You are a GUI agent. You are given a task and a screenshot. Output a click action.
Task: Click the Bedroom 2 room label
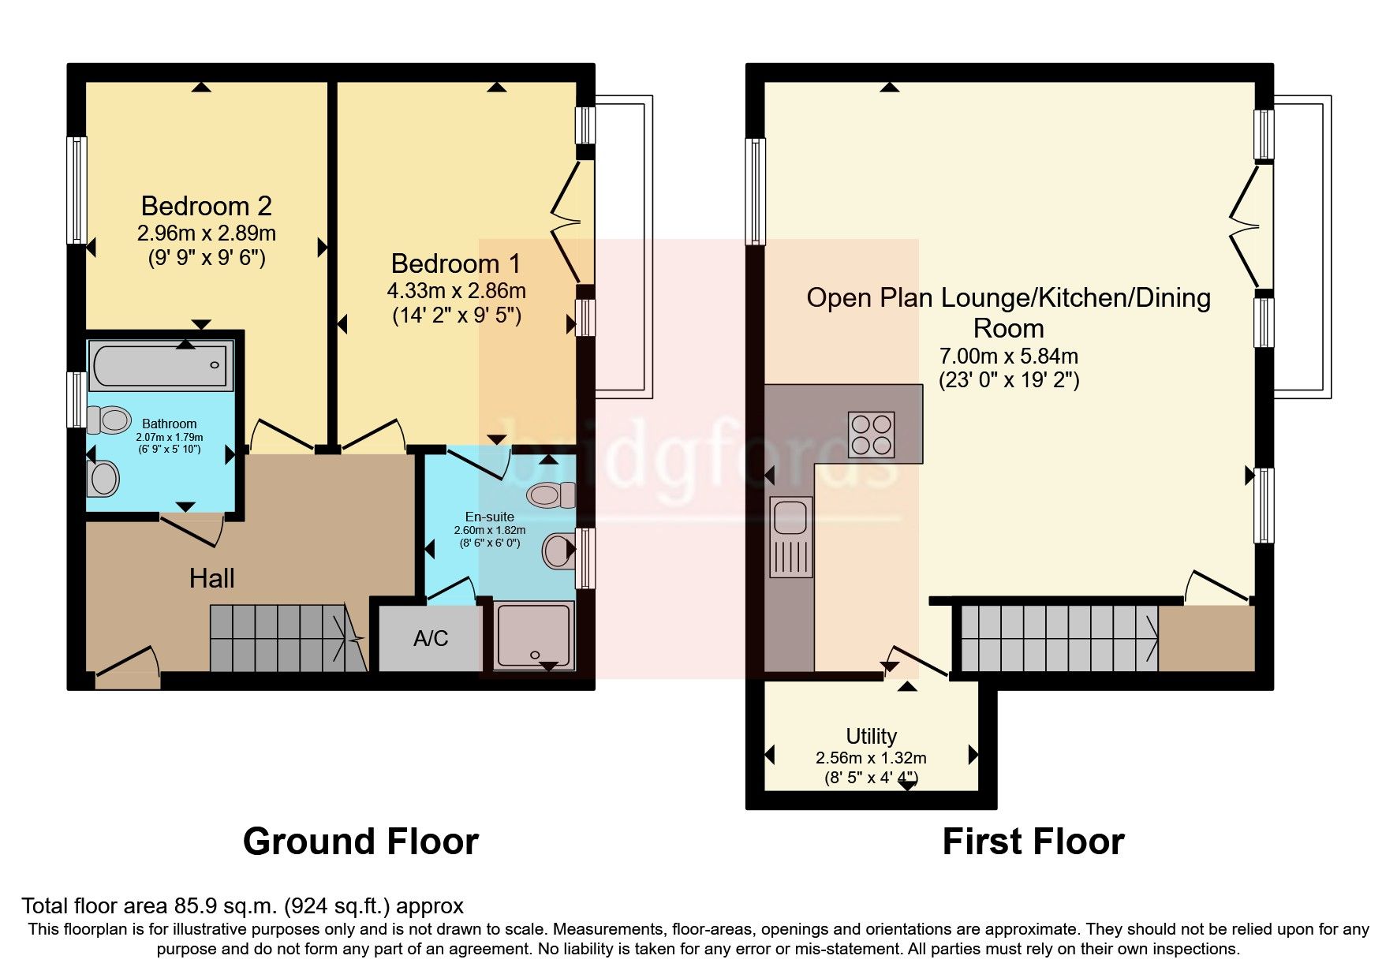(x=206, y=206)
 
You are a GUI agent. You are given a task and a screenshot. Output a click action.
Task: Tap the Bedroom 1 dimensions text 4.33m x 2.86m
(x=456, y=290)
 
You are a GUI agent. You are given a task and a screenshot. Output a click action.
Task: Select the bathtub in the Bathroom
(x=161, y=365)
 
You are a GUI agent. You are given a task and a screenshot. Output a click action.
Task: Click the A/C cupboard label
(x=431, y=638)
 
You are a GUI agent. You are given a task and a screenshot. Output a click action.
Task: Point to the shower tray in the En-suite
(x=533, y=636)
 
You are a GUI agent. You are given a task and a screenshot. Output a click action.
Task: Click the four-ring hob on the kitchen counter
(x=872, y=435)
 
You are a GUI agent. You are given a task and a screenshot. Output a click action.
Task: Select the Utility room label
(x=871, y=736)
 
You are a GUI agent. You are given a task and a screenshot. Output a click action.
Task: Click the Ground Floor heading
(x=360, y=842)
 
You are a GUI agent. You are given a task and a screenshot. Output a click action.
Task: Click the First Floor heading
(x=1033, y=842)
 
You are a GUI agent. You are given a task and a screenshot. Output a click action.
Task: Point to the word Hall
(x=211, y=578)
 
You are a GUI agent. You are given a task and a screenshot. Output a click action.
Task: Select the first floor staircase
(x=1057, y=638)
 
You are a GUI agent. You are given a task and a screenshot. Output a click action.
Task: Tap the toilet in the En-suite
(x=552, y=495)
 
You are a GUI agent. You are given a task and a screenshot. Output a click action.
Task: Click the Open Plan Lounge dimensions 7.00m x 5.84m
(x=1008, y=356)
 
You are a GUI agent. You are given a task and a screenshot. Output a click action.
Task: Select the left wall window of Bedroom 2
(x=77, y=190)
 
